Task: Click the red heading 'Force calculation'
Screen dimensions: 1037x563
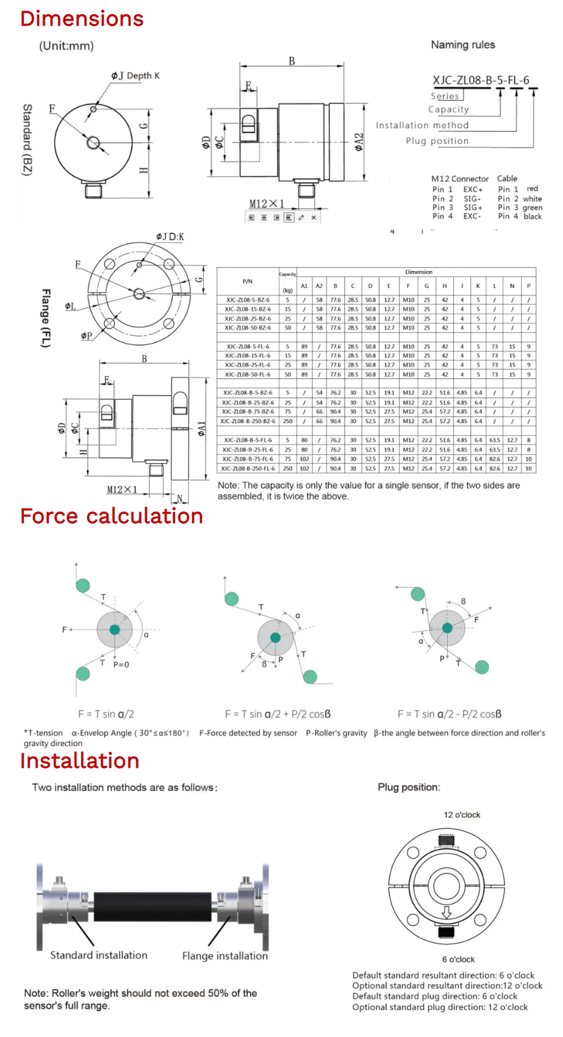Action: pos(111,516)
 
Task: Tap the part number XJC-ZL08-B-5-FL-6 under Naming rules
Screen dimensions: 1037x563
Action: pos(481,80)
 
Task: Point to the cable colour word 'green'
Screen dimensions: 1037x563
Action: pos(532,208)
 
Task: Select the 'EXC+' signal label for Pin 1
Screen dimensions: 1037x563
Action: pos(473,190)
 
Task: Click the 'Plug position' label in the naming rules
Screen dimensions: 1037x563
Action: pos(437,141)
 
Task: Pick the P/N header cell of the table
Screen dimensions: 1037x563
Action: pos(248,281)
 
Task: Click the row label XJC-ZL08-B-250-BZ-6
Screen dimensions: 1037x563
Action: pos(248,421)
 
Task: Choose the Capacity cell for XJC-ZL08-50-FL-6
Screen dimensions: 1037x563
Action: pos(288,374)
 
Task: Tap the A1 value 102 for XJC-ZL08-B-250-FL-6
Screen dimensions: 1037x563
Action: pos(304,468)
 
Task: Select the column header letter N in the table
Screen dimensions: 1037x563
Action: pos(512,286)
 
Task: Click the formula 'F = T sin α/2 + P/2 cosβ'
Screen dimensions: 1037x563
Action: pos(278,714)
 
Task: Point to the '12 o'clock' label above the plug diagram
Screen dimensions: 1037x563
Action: pos(462,815)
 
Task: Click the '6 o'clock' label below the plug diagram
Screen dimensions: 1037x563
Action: pos(458,959)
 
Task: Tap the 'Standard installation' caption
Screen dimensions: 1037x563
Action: pos(99,955)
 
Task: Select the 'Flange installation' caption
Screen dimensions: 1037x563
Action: pos(224,956)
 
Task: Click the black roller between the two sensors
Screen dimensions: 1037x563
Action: pos(152,906)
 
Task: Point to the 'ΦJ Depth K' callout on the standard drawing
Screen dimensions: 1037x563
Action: pos(135,76)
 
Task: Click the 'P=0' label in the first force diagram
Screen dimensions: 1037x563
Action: pos(121,665)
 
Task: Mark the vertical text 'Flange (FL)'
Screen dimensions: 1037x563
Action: pos(45,318)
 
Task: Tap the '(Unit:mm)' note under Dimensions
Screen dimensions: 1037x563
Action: pos(66,46)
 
